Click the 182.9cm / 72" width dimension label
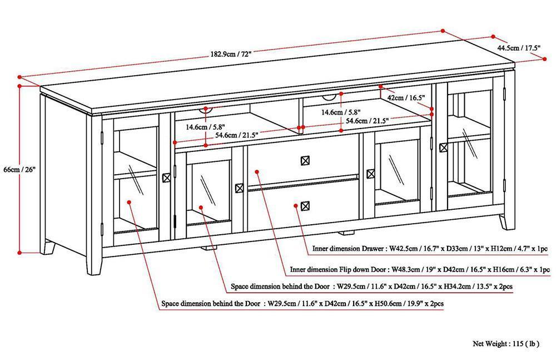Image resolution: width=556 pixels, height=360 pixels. click(231, 54)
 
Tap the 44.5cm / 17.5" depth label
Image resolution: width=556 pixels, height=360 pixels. click(519, 48)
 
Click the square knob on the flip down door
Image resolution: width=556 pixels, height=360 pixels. click(304, 160)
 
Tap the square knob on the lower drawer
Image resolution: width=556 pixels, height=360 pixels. click(304, 206)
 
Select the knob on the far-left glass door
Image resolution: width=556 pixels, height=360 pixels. click(166, 177)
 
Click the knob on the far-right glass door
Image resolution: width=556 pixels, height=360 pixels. click(443, 147)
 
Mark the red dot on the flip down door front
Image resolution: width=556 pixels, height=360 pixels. click(256, 171)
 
